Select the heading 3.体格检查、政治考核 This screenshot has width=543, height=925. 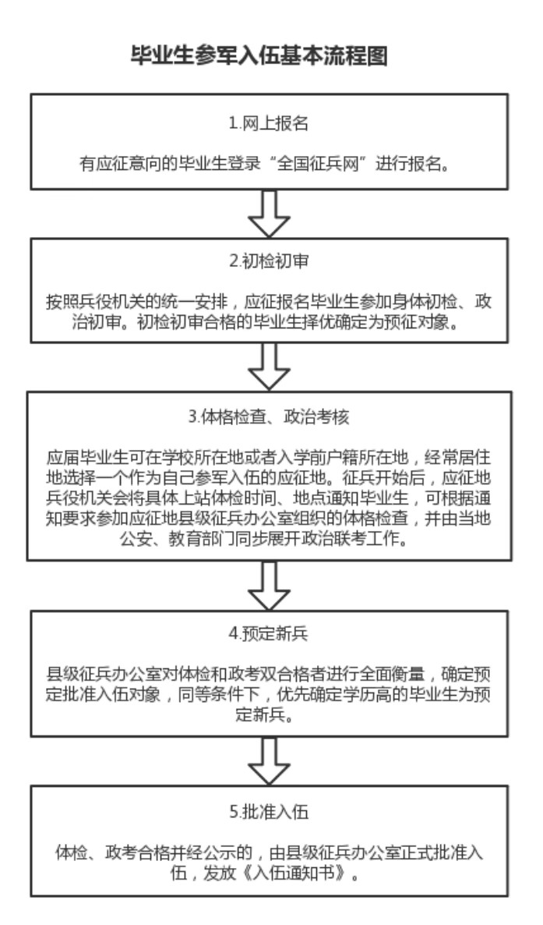[x=270, y=416]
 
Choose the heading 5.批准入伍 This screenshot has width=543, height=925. [x=270, y=812]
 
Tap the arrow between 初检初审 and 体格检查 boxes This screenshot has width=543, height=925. [x=270, y=367]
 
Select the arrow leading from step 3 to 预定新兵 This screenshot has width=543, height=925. [x=270, y=584]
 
